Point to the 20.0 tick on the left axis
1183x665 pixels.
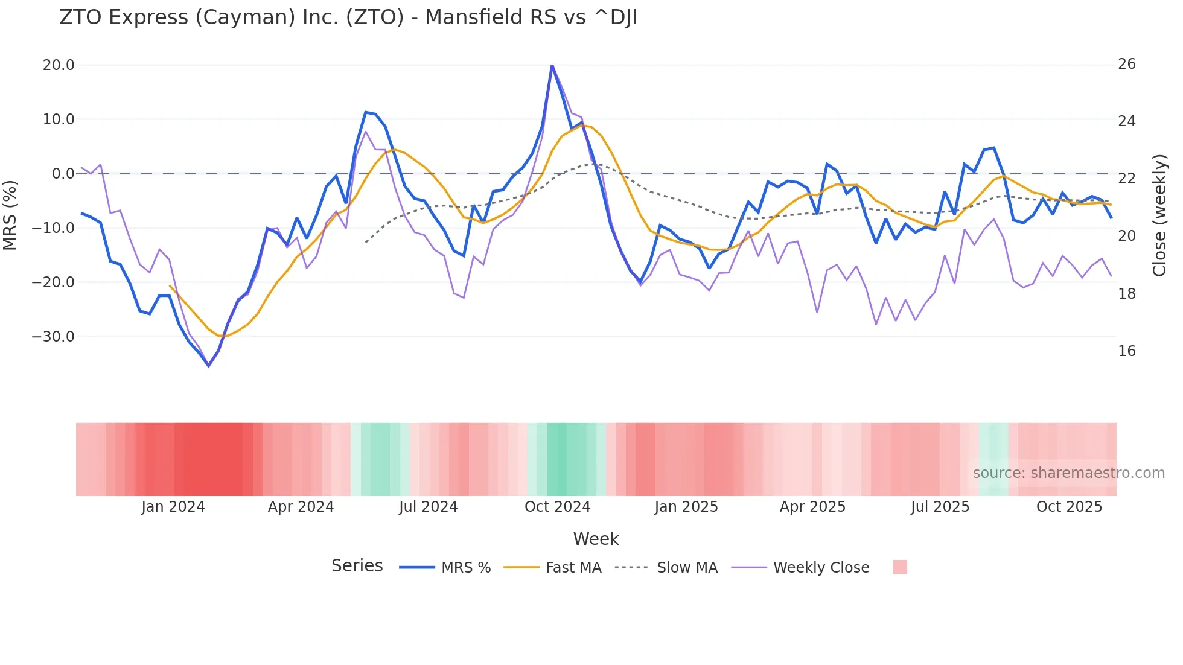tap(59, 65)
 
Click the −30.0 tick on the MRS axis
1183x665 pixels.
tap(53, 337)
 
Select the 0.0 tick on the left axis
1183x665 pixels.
tap(63, 174)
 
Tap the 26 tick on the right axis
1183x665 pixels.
tap(1126, 64)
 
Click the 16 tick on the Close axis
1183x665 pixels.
tap(1126, 351)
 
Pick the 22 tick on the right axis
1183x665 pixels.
tap(1126, 179)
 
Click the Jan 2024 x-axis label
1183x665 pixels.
tap(173, 507)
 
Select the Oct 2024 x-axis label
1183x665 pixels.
tap(557, 507)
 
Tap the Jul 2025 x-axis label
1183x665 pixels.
tap(940, 507)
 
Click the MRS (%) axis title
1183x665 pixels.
tap(10, 215)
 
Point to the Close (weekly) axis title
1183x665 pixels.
tap(1159, 215)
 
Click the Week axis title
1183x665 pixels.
tap(596, 539)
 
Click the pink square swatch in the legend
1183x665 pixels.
tap(899, 567)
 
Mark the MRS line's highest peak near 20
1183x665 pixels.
tap(552, 66)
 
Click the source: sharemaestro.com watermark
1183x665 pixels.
tap(1068, 473)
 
